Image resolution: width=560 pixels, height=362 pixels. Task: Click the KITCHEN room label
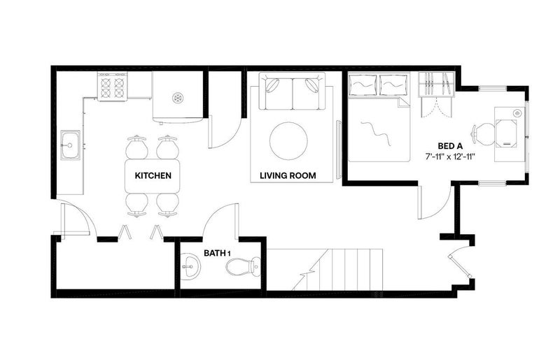click(153, 175)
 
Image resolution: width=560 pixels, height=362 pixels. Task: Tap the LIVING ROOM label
click(288, 175)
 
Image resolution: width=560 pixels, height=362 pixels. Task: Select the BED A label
click(450, 146)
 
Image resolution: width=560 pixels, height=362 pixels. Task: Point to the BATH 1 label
click(217, 253)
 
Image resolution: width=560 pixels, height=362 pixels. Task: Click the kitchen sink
click(70, 145)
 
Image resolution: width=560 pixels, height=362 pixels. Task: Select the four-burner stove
click(113, 87)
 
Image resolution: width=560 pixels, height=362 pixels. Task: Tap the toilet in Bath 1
click(244, 267)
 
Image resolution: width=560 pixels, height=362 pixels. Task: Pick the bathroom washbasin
click(190, 266)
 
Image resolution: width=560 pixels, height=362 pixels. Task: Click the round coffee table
click(288, 141)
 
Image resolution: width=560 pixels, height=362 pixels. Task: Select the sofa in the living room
click(292, 92)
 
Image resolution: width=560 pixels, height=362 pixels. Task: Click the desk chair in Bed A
click(483, 134)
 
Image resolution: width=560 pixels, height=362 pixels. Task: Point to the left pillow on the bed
click(363, 85)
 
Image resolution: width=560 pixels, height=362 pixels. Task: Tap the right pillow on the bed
click(394, 85)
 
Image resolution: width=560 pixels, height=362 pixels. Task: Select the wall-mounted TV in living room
click(339, 150)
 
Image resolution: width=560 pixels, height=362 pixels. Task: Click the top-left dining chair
click(136, 147)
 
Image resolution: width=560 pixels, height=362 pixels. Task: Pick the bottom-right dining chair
click(167, 205)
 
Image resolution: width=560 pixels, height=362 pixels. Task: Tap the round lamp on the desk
click(517, 113)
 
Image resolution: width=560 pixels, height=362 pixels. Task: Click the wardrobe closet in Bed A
click(436, 85)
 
